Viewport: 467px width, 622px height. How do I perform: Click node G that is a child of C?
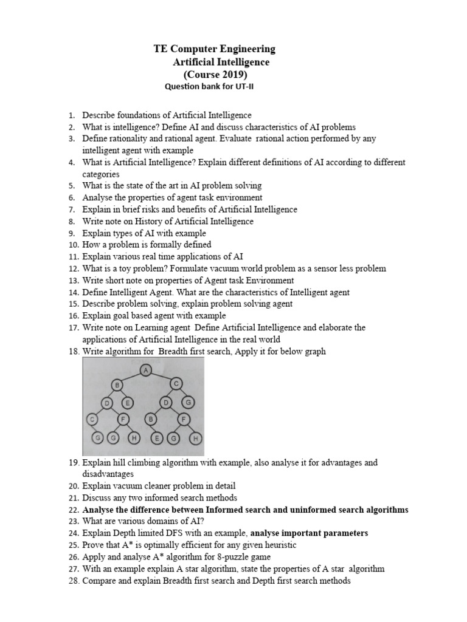pos(190,402)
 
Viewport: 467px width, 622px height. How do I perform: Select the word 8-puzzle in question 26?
pos(229,556)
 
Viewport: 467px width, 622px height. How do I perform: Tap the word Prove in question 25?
pos(94,545)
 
